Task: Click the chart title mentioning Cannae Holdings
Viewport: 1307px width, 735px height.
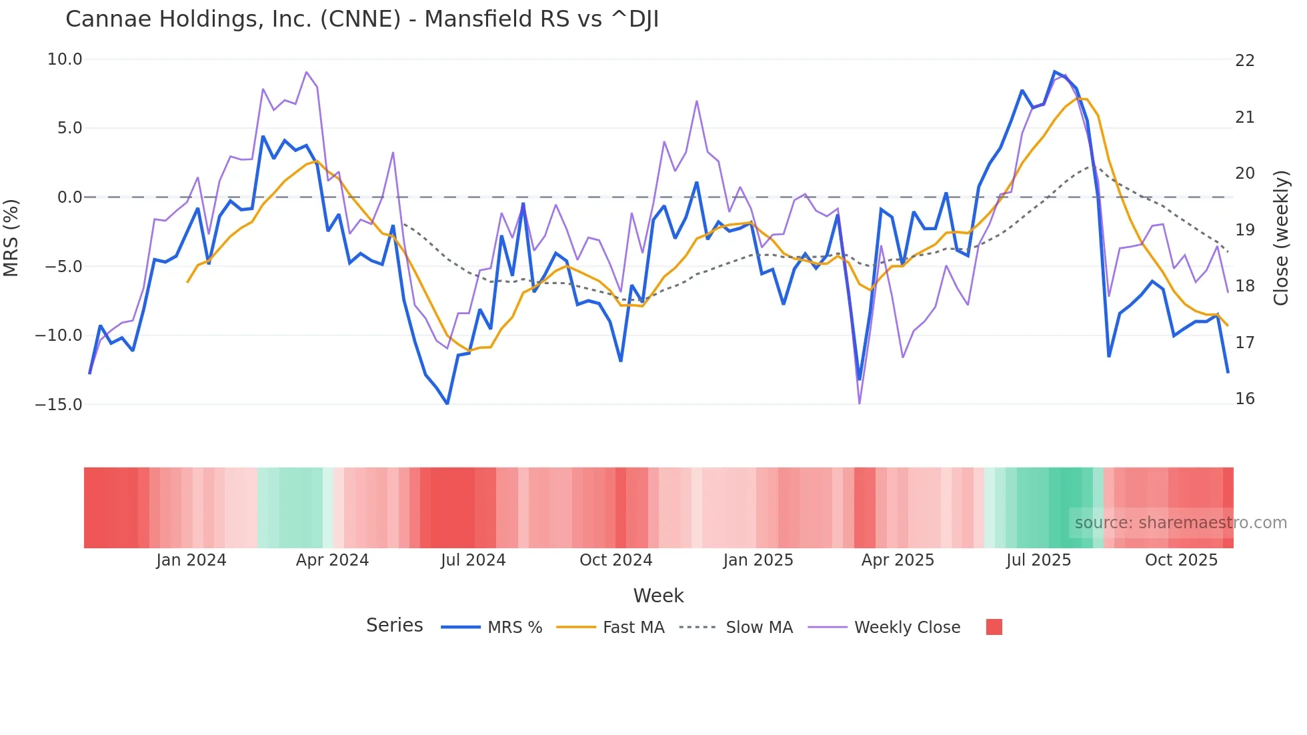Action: point(362,19)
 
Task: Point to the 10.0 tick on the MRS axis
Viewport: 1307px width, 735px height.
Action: point(65,59)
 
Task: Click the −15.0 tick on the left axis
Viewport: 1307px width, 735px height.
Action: point(59,404)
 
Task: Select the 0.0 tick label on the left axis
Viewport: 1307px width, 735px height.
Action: point(69,197)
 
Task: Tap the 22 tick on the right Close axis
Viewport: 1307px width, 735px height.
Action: point(1245,61)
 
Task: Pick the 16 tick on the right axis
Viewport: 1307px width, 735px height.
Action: point(1245,399)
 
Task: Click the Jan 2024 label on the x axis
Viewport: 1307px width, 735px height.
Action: point(191,560)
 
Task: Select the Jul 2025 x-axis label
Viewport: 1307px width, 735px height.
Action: point(1038,560)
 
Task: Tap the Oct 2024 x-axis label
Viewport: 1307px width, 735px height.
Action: point(615,560)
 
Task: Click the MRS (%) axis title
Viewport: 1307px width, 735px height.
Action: point(11,238)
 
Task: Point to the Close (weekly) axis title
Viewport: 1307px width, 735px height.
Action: point(1281,238)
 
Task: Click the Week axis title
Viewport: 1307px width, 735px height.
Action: point(658,596)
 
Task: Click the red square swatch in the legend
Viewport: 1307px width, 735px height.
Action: point(994,627)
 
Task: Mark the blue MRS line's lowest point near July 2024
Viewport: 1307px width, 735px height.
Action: point(447,404)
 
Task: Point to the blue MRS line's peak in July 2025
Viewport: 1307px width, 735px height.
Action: point(1054,71)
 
